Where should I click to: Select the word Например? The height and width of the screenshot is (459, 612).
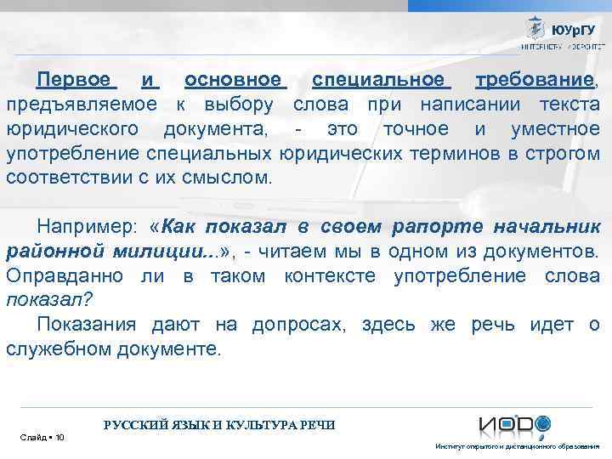86,227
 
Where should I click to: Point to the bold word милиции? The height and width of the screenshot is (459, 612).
174,252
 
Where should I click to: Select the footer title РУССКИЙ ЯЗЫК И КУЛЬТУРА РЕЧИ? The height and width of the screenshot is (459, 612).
219,424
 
